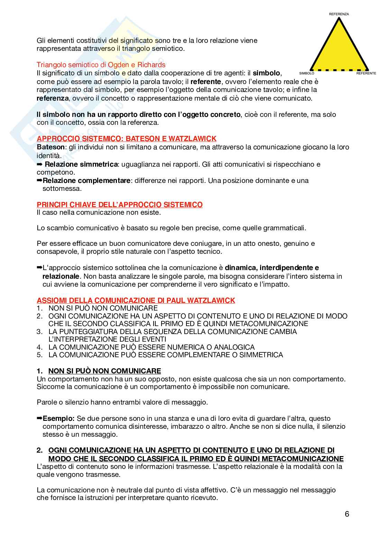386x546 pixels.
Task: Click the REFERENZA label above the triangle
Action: point(339,14)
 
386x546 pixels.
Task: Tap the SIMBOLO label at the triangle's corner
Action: point(306,73)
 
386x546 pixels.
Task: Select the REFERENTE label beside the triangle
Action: point(366,73)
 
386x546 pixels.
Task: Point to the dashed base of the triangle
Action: point(339,70)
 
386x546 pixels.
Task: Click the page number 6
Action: point(347,514)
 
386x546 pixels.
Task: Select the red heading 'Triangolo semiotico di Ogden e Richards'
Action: point(101,65)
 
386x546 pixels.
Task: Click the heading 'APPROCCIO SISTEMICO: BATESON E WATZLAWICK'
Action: point(127,139)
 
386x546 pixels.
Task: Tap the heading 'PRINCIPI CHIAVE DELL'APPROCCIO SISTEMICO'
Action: point(120,205)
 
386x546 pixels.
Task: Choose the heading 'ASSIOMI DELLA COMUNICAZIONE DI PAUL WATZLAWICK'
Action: point(136,300)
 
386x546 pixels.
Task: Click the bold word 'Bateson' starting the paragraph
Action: point(50,147)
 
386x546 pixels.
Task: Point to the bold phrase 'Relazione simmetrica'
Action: point(81,164)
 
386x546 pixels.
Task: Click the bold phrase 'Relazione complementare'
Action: point(86,181)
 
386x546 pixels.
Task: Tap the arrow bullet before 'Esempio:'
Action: point(39,418)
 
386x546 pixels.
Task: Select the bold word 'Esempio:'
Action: point(58,418)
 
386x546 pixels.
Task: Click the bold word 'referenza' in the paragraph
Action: point(53,98)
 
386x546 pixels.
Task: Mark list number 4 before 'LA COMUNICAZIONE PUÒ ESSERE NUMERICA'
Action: point(39,347)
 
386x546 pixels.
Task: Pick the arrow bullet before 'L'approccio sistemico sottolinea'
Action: point(39,268)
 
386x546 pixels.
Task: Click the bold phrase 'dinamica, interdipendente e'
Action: point(272,268)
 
